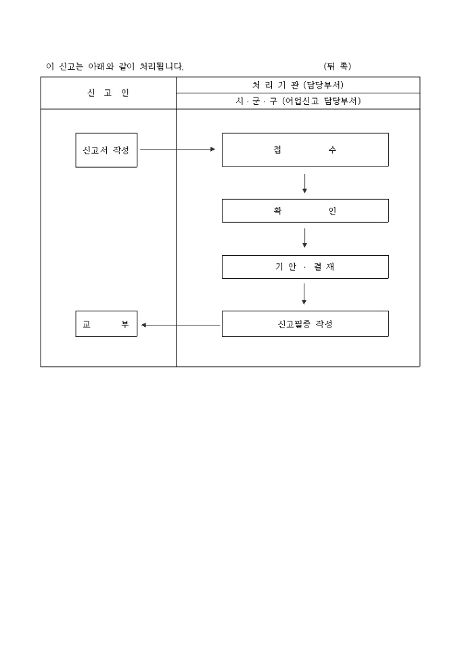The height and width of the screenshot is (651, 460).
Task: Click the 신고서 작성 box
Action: tap(106, 150)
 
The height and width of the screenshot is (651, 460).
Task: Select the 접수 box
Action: tap(305, 150)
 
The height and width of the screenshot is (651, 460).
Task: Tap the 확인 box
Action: tap(305, 210)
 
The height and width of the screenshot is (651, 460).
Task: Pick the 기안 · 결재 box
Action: tap(305, 267)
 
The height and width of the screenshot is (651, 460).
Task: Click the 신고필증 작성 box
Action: tap(305, 324)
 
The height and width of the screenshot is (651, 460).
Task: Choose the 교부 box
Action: tap(106, 324)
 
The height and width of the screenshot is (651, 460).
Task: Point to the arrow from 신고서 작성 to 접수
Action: tap(178, 149)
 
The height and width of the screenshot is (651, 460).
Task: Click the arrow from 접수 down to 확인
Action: tap(304, 183)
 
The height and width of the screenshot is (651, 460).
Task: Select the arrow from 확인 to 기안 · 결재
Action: tap(304, 238)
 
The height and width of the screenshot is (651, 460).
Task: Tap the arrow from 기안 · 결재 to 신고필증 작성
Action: tap(304, 294)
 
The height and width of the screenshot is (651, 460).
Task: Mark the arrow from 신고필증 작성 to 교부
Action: tap(181, 325)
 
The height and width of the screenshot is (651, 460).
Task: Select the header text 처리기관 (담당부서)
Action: tap(298, 85)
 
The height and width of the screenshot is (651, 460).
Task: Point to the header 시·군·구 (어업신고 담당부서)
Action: tap(298, 102)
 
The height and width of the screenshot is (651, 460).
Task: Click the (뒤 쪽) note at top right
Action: tap(337, 66)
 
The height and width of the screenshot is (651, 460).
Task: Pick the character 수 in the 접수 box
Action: tap(331, 150)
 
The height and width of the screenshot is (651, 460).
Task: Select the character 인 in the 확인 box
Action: tap(331, 211)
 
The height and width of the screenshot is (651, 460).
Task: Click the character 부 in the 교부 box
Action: tap(124, 325)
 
